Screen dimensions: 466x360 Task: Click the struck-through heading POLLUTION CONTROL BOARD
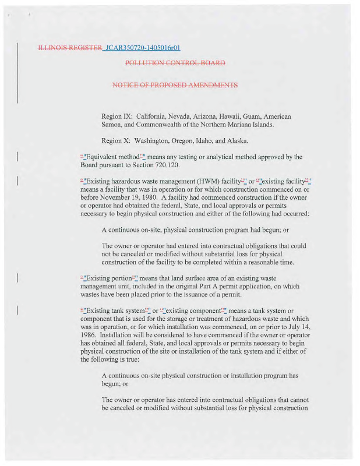[x=174, y=62]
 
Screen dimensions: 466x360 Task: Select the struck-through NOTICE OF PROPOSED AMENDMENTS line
[x=174, y=85]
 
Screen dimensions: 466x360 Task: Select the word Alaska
[x=237, y=140]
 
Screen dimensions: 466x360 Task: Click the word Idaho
[x=211, y=140]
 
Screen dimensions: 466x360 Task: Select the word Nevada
[x=183, y=116]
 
